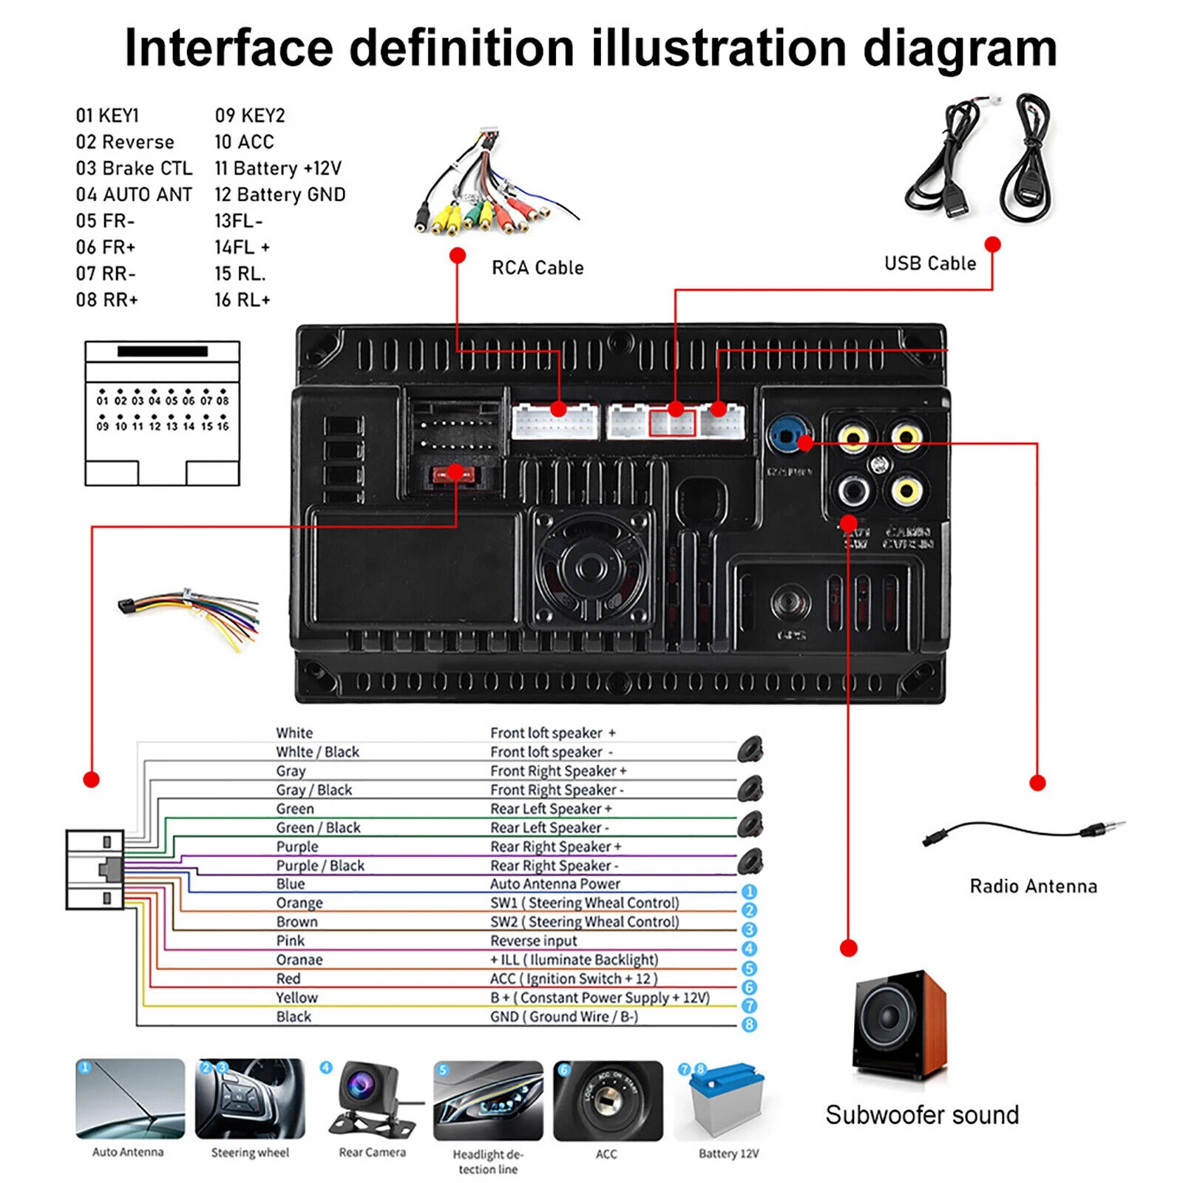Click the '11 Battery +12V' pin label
pyautogui.click(x=278, y=169)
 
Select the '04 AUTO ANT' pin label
pyautogui.click(x=134, y=194)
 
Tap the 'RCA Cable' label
pyautogui.click(x=538, y=268)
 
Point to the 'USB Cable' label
pyautogui.click(x=930, y=263)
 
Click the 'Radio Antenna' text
pyautogui.click(x=1033, y=886)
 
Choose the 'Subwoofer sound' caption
pyautogui.click(x=922, y=1114)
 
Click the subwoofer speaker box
pyautogui.click(x=899, y=1024)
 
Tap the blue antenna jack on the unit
pyautogui.click(x=787, y=436)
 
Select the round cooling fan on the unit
pyautogui.click(x=591, y=569)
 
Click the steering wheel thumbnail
pyautogui.click(x=250, y=1099)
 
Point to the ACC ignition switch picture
pyautogui.click(x=607, y=1100)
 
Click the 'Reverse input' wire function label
pyautogui.click(x=534, y=940)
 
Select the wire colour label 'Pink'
pyautogui.click(x=291, y=940)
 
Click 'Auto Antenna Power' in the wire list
pyautogui.click(x=555, y=884)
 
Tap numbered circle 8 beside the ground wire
pyautogui.click(x=749, y=1024)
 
